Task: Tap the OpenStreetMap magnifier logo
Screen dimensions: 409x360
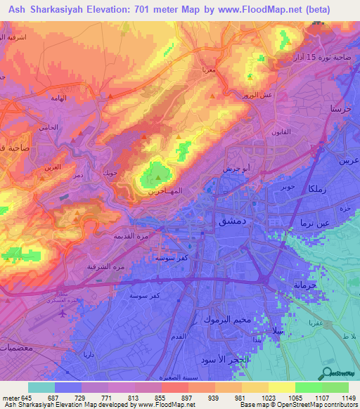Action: [x=326, y=372]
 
